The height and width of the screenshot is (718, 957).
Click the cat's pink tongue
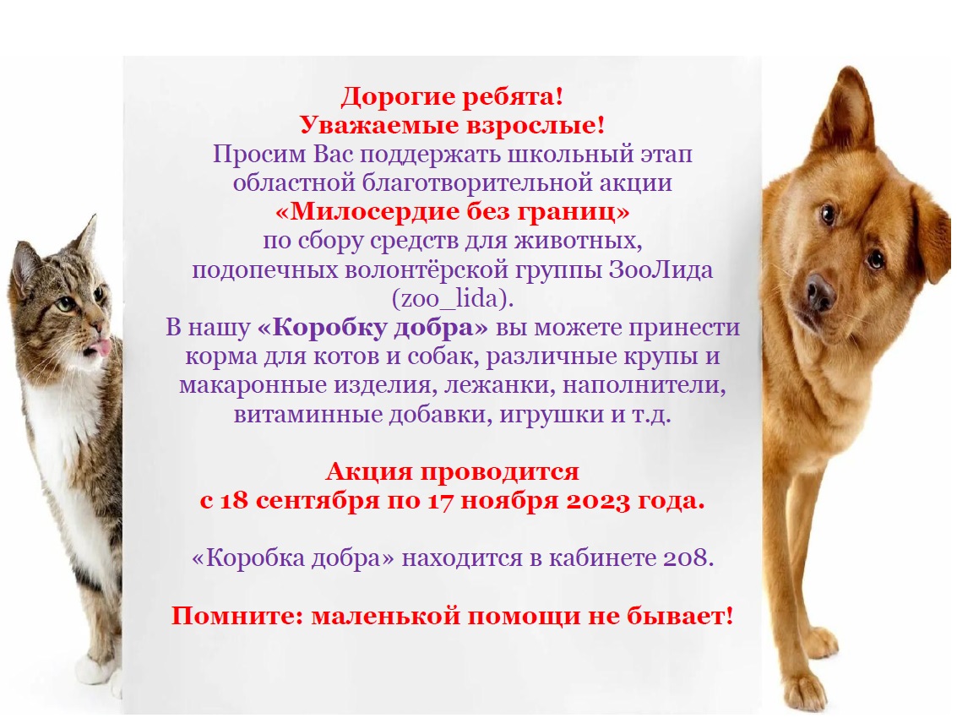(100, 348)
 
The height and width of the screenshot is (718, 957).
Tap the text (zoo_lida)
(452, 298)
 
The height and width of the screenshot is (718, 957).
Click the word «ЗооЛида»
(661, 269)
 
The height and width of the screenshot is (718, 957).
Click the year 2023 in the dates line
(598, 501)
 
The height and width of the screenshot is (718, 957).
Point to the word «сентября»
(318, 501)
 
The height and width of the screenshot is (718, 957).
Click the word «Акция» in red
(368, 471)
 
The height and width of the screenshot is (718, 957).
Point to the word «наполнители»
(644, 385)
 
